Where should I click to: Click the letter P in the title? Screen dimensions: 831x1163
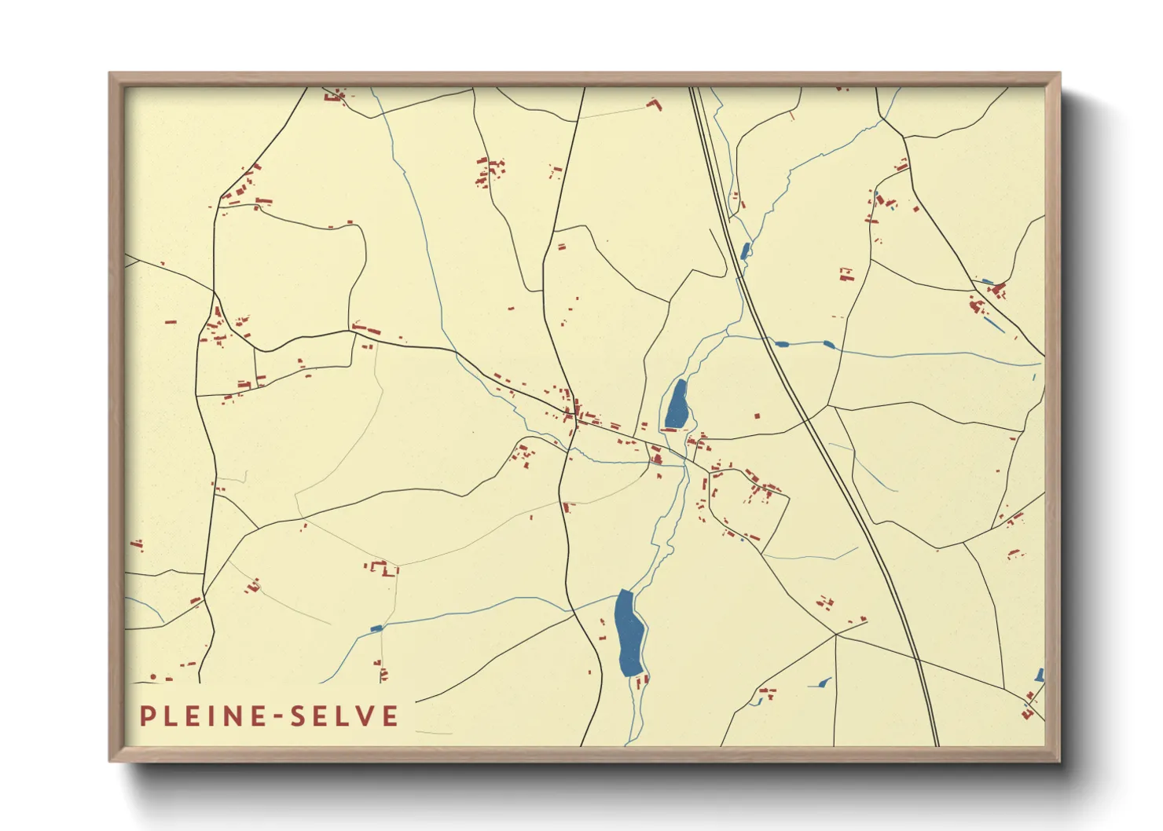tap(147, 716)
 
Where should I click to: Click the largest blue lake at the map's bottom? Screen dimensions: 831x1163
tap(629, 633)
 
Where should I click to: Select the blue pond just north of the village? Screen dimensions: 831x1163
tap(677, 404)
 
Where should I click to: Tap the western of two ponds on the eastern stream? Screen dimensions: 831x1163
tap(781, 343)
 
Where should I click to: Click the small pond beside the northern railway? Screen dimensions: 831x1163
tap(745, 251)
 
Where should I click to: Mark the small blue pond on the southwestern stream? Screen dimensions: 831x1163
tap(376, 628)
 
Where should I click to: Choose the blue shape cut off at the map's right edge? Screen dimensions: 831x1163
tap(1040, 675)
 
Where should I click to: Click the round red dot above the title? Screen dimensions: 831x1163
tap(152, 676)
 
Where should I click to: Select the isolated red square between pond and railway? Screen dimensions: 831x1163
tap(758, 416)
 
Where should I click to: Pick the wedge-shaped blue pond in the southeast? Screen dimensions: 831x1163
tap(822, 683)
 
